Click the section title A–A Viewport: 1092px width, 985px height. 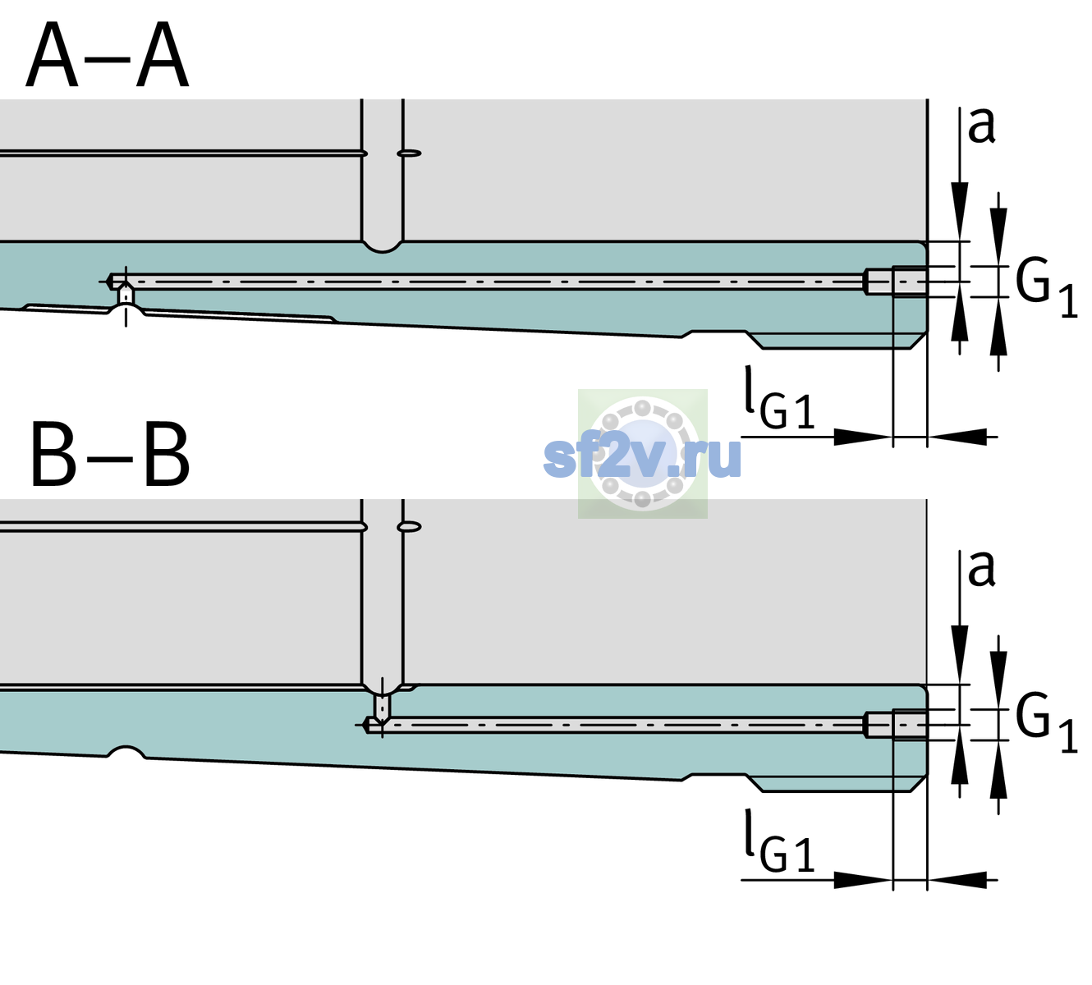click(x=108, y=55)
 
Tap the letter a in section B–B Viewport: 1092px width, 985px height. click(x=981, y=569)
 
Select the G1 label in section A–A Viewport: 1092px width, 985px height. click(x=1046, y=288)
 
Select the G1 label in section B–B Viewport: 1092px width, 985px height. click(x=1046, y=724)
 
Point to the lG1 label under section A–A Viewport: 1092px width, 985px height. click(x=779, y=397)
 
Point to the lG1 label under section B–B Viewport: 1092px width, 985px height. click(x=779, y=841)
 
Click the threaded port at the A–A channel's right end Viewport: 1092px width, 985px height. click(x=896, y=282)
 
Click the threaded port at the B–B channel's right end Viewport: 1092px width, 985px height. click(x=896, y=725)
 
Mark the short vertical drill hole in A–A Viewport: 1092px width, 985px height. click(x=126, y=295)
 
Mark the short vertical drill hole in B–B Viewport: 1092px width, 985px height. click(x=383, y=706)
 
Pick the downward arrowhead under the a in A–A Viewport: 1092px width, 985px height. click(x=960, y=210)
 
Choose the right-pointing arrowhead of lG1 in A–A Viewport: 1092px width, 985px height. click(x=864, y=437)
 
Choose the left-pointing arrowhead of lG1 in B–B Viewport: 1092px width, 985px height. click(x=957, y=879)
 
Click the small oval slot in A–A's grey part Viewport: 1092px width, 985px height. click(x=410, y=153)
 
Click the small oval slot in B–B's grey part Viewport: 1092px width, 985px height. click(x=410, y=527)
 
